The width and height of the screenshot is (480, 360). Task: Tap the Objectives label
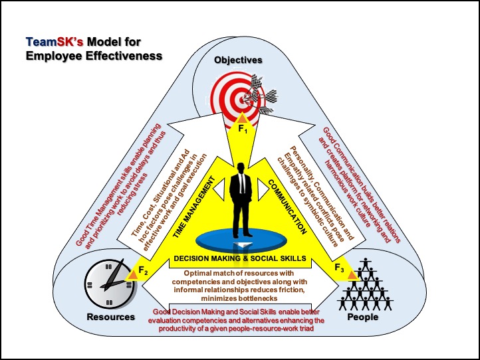[x=237, y=60]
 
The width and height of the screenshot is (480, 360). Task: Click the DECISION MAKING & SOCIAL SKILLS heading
[x=239, y=258]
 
